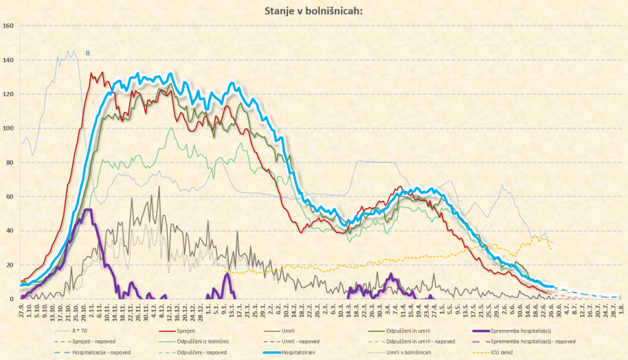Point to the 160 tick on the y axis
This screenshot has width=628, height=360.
[8, 26]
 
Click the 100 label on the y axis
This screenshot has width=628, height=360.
[8, 128]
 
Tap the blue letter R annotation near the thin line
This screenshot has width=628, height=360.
[88, 54]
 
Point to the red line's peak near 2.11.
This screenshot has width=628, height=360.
[93, 73]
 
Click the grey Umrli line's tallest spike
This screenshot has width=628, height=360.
[159, 187]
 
